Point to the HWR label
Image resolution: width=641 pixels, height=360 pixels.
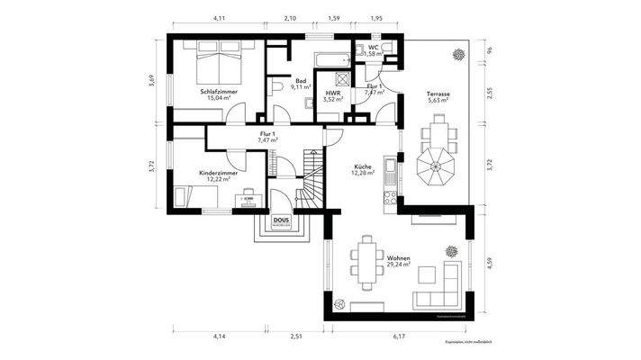click(333, 93)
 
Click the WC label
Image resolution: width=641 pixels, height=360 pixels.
click(374, 48)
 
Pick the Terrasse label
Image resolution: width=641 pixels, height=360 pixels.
click(439, 94)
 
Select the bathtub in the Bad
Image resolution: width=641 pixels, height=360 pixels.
click(332, 58)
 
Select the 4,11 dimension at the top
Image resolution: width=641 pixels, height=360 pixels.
click(218, 18)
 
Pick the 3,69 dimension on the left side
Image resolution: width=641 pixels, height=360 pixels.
click(152, 81)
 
